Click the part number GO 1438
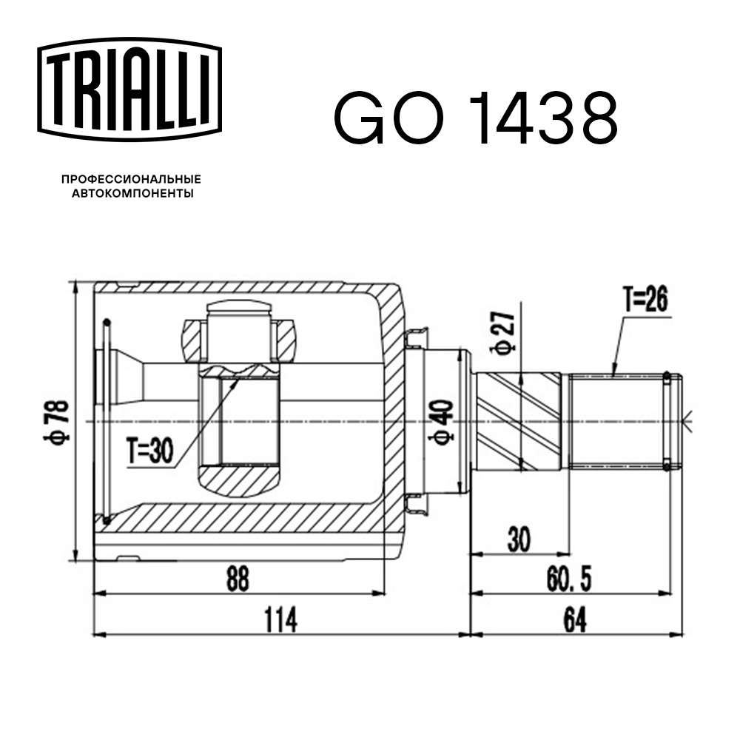coord(475,118)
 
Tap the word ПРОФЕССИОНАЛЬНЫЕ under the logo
coord(131,179)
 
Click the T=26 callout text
coord(645,300)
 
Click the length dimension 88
coord(237,579)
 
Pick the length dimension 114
coord(280,620)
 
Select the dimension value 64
coord(573,620)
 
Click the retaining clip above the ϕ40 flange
coord(416,338)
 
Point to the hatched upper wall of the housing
coord(237,288)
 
